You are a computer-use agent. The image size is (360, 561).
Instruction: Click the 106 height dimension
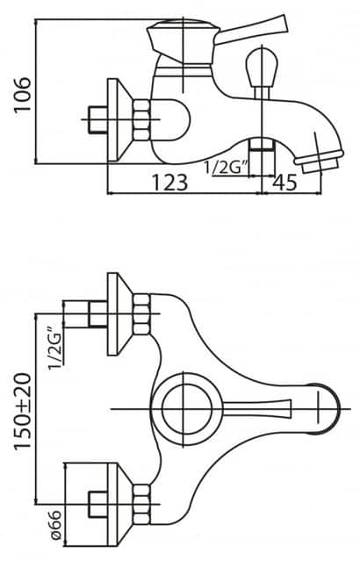point(23,96)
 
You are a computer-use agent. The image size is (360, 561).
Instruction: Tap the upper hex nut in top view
point(140,314)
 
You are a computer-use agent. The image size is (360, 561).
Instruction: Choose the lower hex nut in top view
point(140,505)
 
